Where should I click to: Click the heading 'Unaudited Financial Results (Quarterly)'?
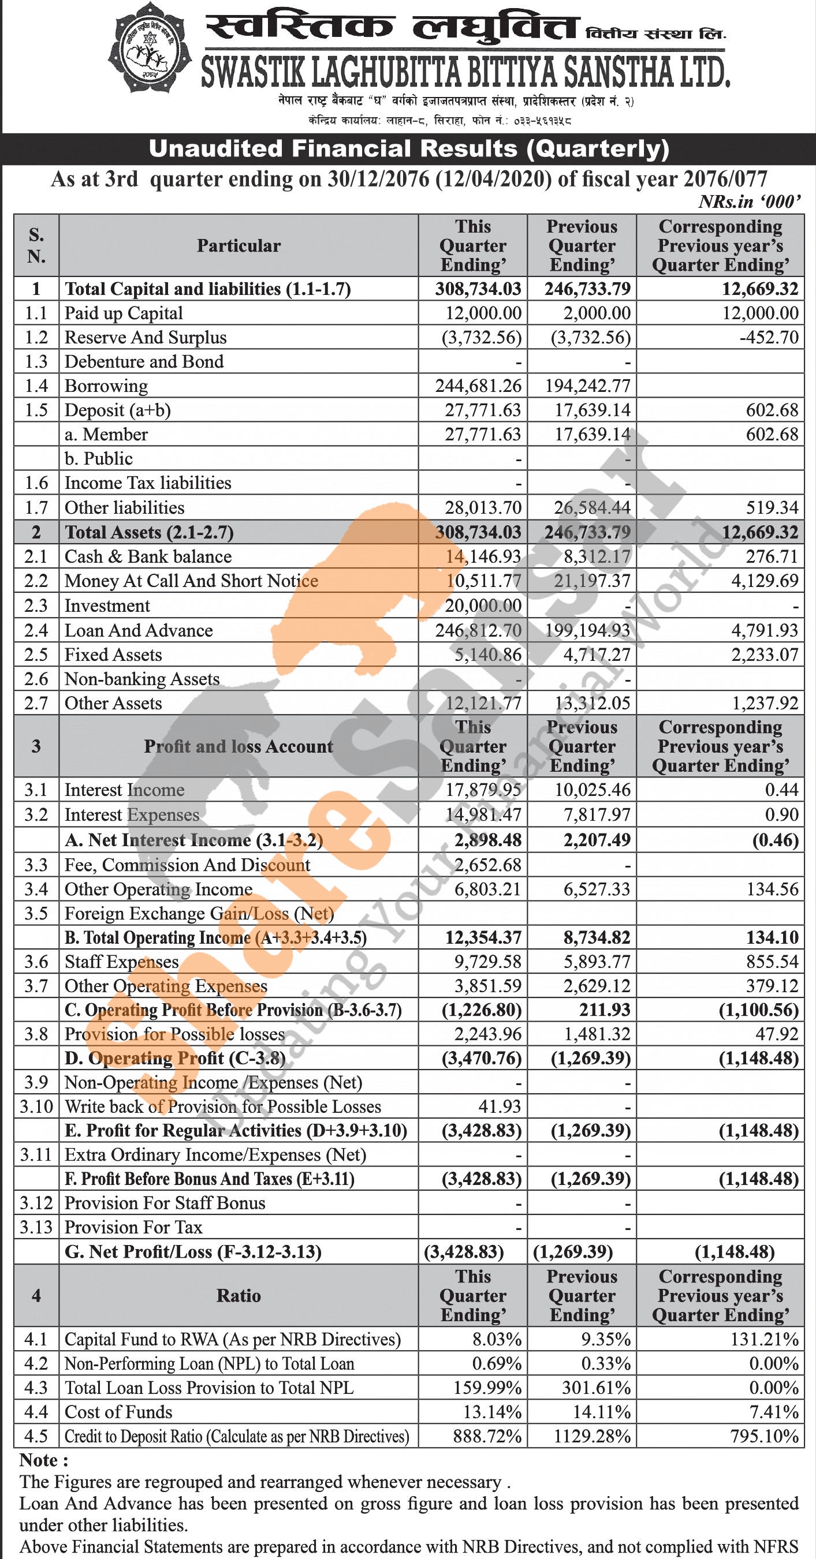coord(409,149)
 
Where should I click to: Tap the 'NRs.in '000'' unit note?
coord(750,201)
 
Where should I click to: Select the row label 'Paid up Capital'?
coord(124,313)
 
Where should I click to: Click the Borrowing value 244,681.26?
coord(478,386)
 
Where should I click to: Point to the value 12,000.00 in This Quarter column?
coord(483,313)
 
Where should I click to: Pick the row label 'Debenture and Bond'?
coord(144,361)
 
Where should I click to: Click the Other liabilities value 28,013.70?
coord(482,507)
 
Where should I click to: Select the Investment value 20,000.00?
coord(482,605)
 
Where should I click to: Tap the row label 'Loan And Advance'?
coord(139,630)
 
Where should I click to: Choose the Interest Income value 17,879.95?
coord(482,789)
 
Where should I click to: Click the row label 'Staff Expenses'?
coord(122,962)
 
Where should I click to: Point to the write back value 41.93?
coord(500,1106)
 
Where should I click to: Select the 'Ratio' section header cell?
coord(239,1296)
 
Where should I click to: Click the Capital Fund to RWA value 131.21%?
coord(764,1339)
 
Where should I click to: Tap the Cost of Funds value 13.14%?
coord(491,1412)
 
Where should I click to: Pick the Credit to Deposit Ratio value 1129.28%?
coord(591,1436)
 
